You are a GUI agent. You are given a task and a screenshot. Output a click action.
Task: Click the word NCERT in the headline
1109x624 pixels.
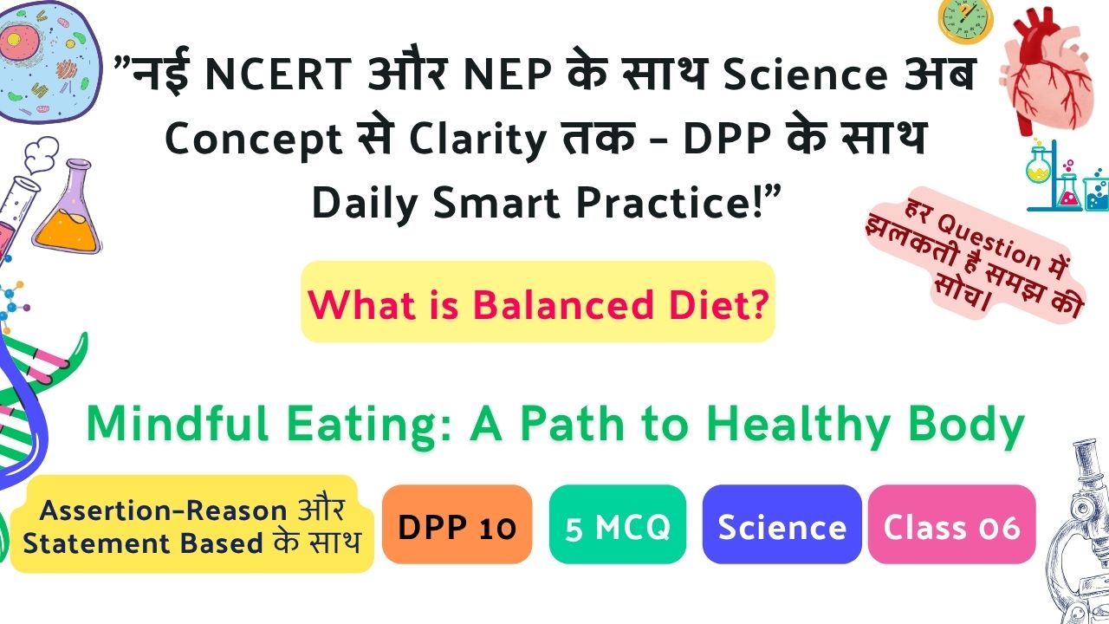pos(278,75)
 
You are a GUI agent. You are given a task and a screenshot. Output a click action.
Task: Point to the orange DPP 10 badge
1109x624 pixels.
pos(457,524)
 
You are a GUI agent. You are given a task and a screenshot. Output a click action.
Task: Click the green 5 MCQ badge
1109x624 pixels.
pos(618,524)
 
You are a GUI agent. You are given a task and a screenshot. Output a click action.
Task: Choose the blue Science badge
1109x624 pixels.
pos(781,524)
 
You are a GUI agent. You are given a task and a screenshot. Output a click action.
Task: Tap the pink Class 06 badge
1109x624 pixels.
pos(951,524)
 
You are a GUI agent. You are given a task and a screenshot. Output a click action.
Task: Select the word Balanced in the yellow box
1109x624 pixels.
pos(563,304)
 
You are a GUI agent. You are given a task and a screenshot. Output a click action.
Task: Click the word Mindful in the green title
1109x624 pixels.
pos(178,424)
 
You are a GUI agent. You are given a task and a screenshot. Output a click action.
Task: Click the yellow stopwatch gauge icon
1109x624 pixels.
pos(965,20)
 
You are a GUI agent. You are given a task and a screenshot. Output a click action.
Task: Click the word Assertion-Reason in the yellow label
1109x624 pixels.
pos(164,510)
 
